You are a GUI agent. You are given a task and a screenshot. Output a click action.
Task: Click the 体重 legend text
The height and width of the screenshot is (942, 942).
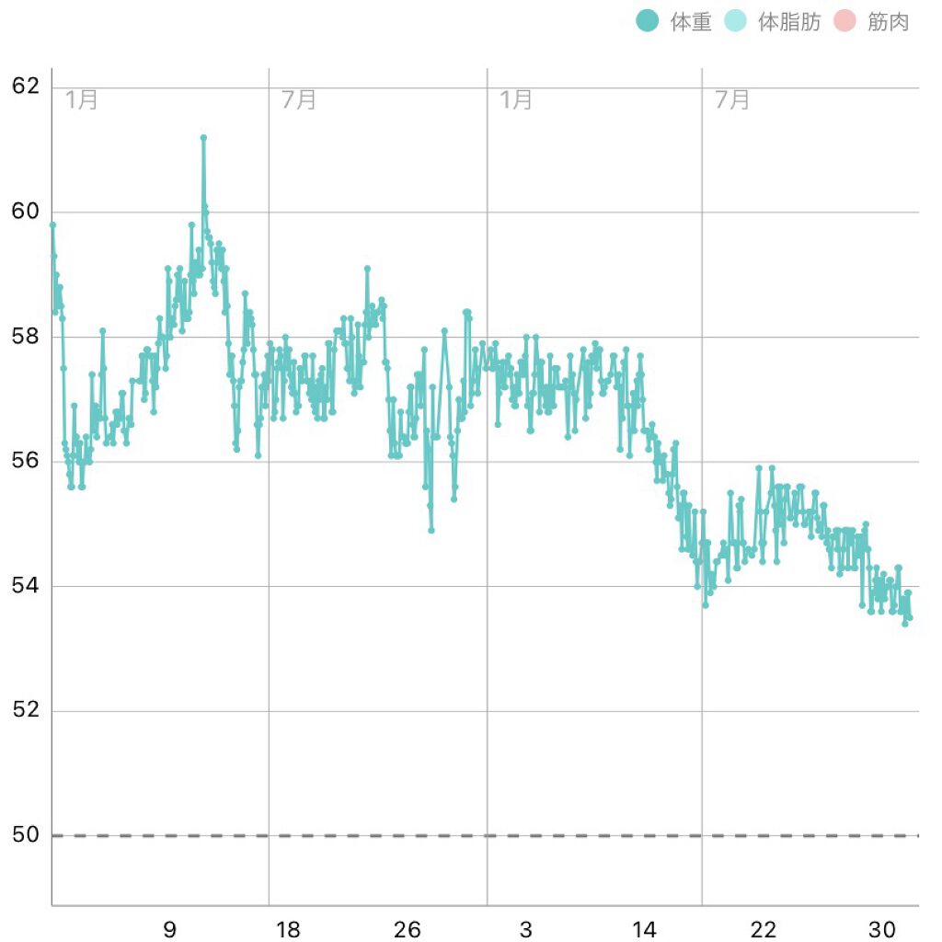click(691, 22)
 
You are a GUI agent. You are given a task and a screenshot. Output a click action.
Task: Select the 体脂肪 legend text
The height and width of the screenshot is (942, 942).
click(789, 22)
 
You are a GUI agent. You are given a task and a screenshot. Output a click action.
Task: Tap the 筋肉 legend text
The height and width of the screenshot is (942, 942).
click(888, 22)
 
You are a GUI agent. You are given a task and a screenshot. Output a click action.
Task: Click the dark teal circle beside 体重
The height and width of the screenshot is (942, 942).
click(648, 21)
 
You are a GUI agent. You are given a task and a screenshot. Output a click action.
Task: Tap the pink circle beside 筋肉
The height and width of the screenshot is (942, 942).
click(844, 21)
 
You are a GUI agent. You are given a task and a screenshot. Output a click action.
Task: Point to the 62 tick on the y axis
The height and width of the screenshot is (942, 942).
click(25, 87)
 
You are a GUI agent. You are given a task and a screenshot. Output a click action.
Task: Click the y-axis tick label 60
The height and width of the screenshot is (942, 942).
click(25, 212)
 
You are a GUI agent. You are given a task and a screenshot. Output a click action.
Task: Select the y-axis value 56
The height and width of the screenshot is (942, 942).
click(25, 461)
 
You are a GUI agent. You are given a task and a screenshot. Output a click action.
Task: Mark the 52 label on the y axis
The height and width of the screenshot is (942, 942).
click(25, 710)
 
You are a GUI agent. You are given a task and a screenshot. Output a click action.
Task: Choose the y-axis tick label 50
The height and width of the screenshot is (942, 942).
click(25, 835)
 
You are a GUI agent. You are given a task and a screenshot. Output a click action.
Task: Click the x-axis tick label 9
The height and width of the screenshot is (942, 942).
click(169, 930)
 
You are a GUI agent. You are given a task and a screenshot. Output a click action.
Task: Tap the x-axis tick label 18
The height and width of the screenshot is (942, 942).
click(288, 930)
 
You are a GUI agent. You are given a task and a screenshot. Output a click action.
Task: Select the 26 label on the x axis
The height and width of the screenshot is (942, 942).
click(408, 930)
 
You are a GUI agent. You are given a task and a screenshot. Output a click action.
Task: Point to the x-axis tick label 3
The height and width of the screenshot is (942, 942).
click(526, 930)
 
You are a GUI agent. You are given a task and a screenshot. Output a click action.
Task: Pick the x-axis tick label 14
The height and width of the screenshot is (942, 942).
click(645, 930)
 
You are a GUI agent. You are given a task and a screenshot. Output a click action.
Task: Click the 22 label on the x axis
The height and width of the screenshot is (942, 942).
click(764, 930)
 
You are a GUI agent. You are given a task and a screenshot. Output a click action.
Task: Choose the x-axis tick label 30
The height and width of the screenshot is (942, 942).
click(882, 930)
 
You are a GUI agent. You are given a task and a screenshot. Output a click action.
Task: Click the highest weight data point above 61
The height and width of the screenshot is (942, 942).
click(203, 138)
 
